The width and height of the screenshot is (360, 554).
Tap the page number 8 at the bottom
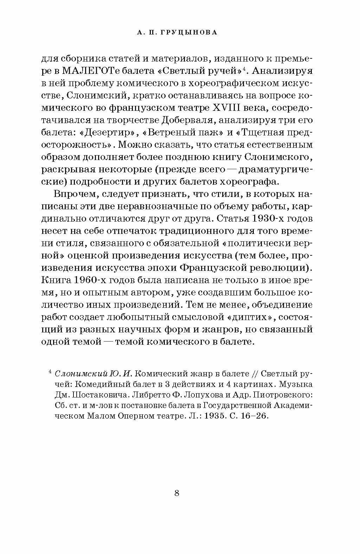click(176, 493)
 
